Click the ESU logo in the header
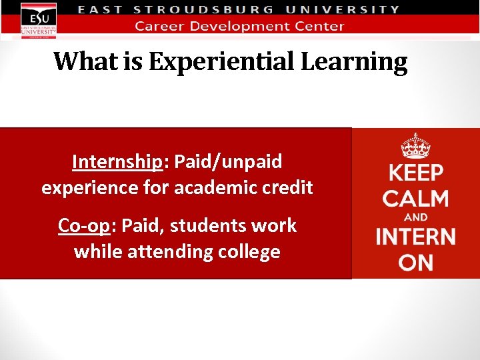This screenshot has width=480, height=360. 39,19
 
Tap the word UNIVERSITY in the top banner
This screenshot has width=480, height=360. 343,10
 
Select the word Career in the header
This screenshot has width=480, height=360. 158,27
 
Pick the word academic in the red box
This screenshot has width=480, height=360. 212,188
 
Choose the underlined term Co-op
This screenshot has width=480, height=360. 83,225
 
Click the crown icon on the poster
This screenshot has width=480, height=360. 415,145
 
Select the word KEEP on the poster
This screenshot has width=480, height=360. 415,173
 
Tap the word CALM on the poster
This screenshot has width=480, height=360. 415,199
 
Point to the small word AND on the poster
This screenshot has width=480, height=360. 415,217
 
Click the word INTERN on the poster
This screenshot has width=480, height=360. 415,237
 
